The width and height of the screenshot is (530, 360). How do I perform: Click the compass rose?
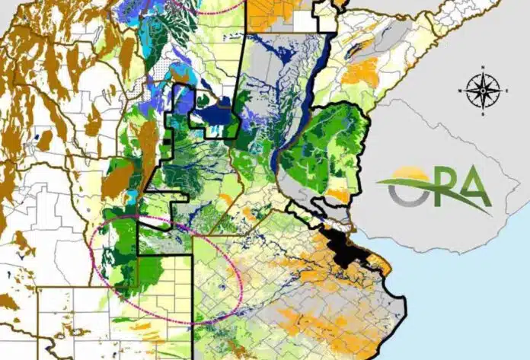pyautogui.click(x=484, y=91)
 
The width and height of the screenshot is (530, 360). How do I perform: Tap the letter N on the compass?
pyautogui.click(x=484, y=71)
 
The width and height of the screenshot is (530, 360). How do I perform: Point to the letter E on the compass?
pyautogui.click(x=505, y=91)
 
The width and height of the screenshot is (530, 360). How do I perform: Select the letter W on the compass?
pyautogui.click(x=462, y=91)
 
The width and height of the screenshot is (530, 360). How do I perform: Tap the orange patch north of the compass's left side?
pyautogui.click(x=362, y=72)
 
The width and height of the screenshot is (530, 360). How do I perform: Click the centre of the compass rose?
pyautogui.click(x=484, y=91)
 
